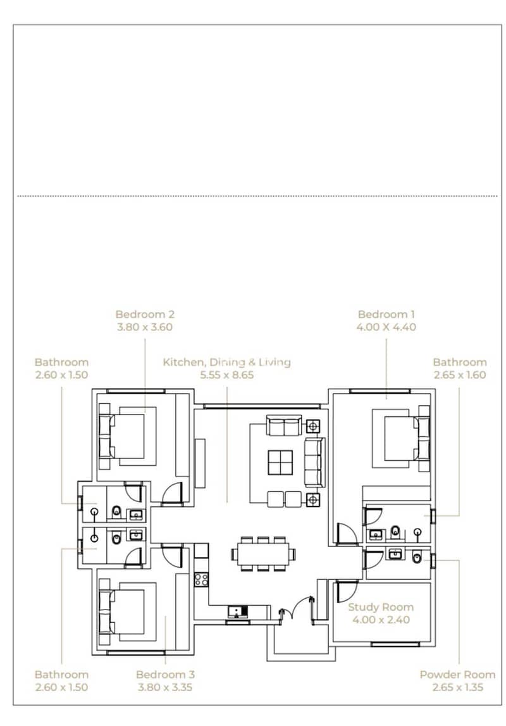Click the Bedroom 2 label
tap(145, 315)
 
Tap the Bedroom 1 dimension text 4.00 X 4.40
tap(386, 327)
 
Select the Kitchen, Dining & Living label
tap(226, 363)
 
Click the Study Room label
tap(381, 607)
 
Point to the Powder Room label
tap(457, 675)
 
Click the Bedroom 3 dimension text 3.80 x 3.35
tap(165, 687)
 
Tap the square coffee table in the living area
tap(280, 462)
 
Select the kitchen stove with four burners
tap(201, 579)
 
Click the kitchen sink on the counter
tap(237, 611)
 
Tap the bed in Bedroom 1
tap(402, 438)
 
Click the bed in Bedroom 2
tap(127, 436)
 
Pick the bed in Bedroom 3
tap(127, 613)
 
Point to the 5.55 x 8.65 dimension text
tap(226, 375)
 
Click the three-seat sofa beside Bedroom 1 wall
tap(314, 461)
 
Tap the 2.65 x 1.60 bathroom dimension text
tap(460, 375)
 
